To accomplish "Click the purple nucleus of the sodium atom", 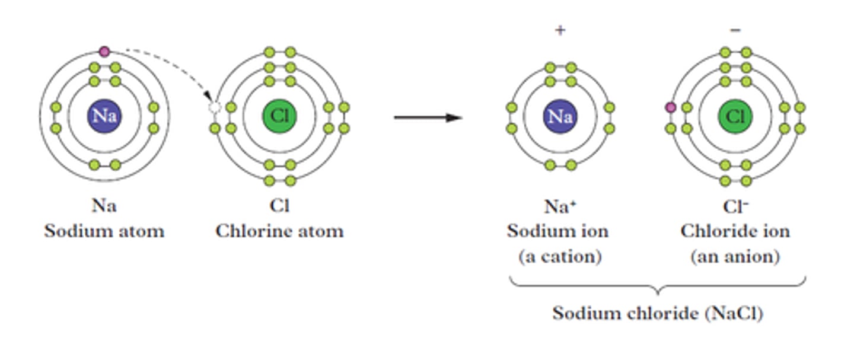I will pos(104,116).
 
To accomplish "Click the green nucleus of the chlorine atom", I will pos(279,116).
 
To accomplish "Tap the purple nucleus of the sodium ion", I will pos(560,116).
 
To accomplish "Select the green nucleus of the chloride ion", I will pos(735,116).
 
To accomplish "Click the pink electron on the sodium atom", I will pos(104,52).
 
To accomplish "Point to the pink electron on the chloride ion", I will pos(671,107).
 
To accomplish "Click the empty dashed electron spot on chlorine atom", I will pos(215,107).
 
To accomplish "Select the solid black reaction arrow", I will pos(427,117).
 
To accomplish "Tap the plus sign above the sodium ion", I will pos(560,30).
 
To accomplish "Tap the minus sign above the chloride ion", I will pos(735,30).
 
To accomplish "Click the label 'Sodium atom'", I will pos(104,230).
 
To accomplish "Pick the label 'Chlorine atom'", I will pos(279,230).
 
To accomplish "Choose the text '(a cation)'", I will pos(560,257).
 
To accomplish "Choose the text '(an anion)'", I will pos(735,257).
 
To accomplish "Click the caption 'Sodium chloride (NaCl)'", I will pos(657,313).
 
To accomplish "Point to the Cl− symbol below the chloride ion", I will pos(735,206).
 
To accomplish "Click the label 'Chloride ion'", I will pos(735,231).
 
